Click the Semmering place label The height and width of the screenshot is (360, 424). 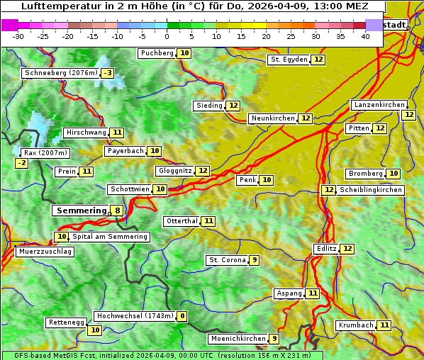point(79,210)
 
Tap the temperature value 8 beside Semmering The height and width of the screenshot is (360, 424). point(116,210)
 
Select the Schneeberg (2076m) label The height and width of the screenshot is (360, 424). point(60,73)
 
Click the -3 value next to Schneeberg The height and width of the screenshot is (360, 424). point(107,73)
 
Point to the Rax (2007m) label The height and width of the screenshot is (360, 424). point(45,153)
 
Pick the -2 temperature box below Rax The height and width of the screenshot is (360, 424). point(22,164)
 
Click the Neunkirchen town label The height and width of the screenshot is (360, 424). point(272,118)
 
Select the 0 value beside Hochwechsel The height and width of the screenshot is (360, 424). point(182,316)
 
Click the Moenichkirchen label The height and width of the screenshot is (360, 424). point(238,339)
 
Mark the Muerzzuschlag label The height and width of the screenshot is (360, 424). point(44,252)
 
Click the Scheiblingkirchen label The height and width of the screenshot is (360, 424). point(371,190)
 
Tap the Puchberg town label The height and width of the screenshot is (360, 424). point(157,53)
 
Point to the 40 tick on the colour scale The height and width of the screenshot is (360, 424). point(365,35)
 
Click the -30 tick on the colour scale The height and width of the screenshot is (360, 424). point(18,35)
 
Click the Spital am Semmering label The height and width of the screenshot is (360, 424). point(110,237)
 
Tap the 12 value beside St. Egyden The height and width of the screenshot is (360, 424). point(318,60)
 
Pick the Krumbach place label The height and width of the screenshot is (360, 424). point(355,325)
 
